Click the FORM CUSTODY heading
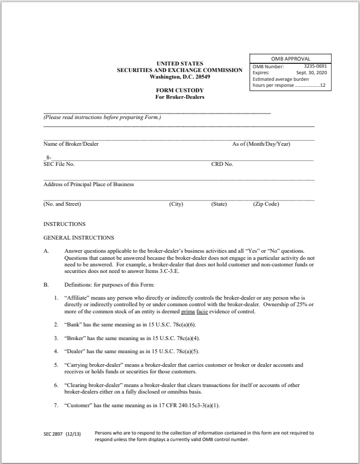(x=180, y=91)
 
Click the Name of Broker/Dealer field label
(x=70, y=144)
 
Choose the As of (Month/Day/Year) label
(x=261, y=144)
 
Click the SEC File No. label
(x=59, y=164)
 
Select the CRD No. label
(x=222, y=164)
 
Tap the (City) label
(x=176, y=204)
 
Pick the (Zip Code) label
(x=266, y=204)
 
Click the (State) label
(x=219, y=204)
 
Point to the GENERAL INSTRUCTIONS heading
(x=79, y=237)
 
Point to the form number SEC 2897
(x=54, y=434)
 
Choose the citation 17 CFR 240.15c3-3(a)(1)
(x=185, y=405)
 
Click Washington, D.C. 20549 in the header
(x=180, y=77)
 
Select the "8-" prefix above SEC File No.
(x=48, y=158)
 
